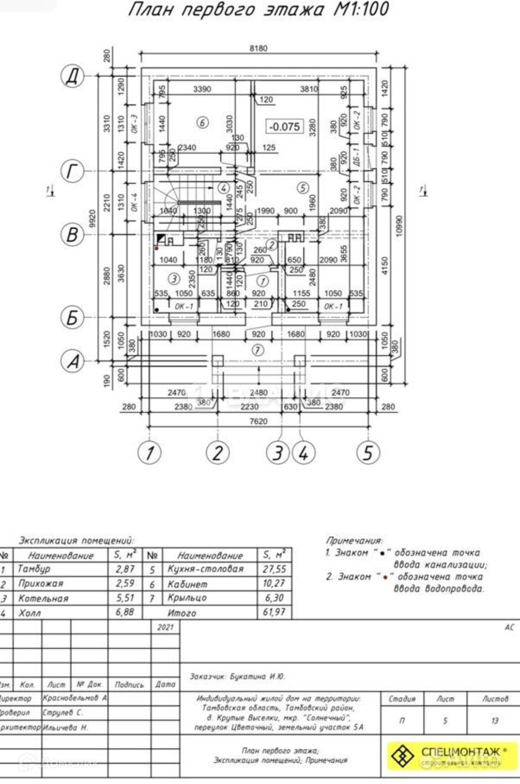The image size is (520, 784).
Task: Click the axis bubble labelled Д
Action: tap(72, 76)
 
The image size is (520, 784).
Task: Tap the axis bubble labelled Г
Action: tap(72, 171)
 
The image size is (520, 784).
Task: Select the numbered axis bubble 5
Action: tap(368, 452)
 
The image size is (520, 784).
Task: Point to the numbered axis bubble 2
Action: tap(218, 452)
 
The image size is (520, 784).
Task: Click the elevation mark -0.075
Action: tap(284, 126)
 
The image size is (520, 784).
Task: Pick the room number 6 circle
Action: tap(202, 122)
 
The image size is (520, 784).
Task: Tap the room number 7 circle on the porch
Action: tap(258, 350)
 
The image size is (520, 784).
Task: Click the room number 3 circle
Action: tap(174, 279)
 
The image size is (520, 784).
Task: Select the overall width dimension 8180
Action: tap(259, 48)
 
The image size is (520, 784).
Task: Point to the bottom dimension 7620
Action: tap(259, 421)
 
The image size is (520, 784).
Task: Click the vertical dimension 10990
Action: tap(399, 225)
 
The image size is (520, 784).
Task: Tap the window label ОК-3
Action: tap(134, 124)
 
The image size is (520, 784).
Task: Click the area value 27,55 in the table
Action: tap(274, 569)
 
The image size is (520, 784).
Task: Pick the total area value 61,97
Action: tap(274, 612)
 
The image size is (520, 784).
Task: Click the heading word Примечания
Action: tap(354, 540)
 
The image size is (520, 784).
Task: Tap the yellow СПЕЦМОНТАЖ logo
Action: tap(453, 756)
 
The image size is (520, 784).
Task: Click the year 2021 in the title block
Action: tap(165, 627)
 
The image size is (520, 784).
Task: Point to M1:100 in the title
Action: tap(361, 10)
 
